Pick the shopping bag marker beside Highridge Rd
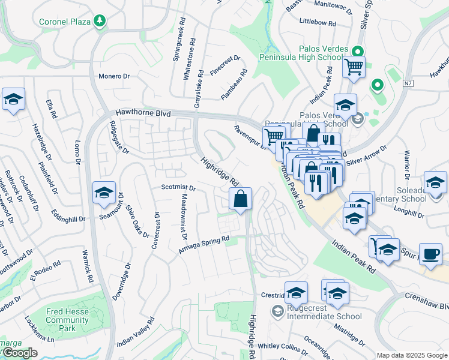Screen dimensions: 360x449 point(240,199)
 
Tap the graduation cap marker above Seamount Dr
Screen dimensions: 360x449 point(104,193)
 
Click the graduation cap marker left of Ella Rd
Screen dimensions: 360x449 point(13,100)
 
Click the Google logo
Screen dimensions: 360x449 point(19,353)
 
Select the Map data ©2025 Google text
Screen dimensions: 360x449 point(411,355)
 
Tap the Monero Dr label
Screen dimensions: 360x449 point(114,76)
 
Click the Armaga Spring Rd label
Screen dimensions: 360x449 point(204,243)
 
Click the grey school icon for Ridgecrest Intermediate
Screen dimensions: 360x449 point(278,311)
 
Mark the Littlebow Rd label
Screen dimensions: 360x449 point(317,22)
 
